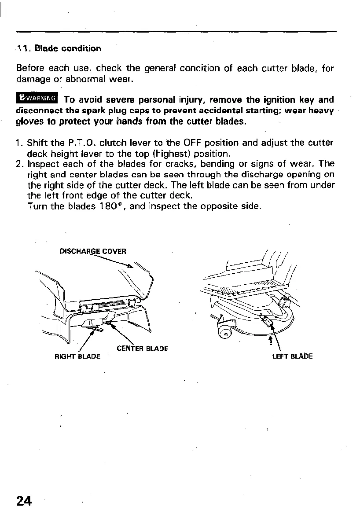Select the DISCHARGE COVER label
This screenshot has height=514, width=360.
click(x=93, y=251)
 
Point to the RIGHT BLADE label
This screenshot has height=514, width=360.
click(x=77, y=356)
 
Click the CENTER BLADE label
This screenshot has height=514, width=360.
click(x=143, y=349)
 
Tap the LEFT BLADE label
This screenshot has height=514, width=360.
click(x=293, y=356)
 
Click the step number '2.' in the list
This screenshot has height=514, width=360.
click(x=20, y=164)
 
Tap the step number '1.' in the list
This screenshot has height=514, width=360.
click(x=20, y=143)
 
